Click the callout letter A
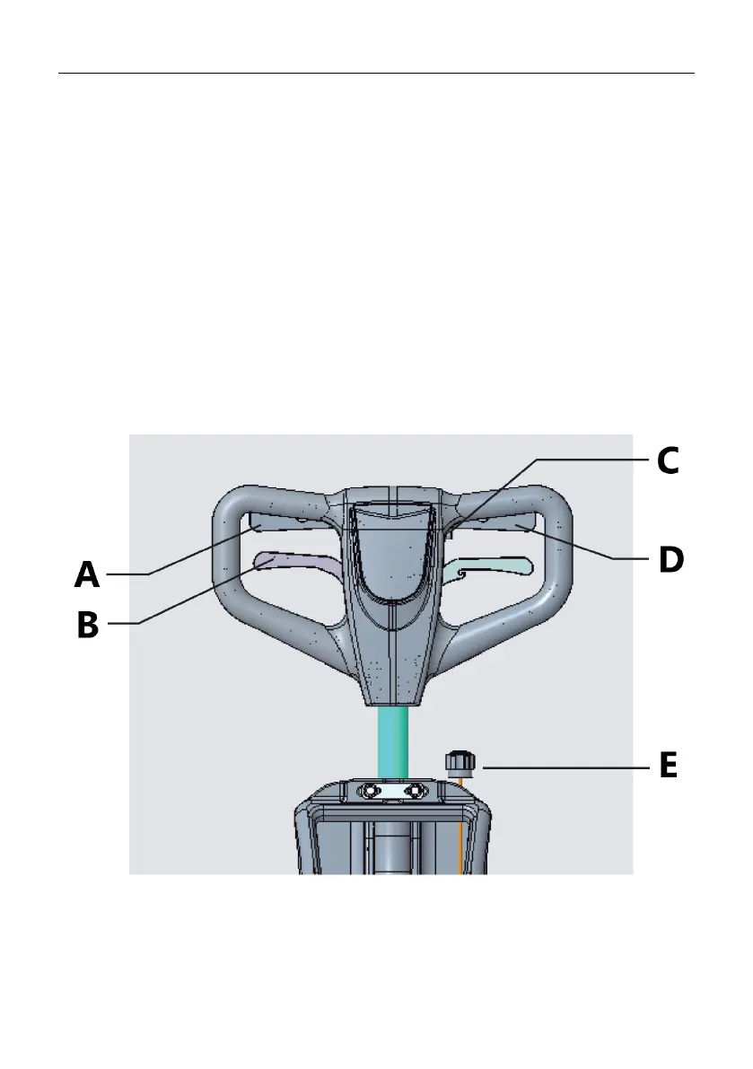(x=87, y=574)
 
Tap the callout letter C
(x=667, y=460)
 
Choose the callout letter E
(x=667, y=767)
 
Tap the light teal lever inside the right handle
(x=494, y=567)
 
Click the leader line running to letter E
(x=565, y=768)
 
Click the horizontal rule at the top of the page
(x=376, y=74)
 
